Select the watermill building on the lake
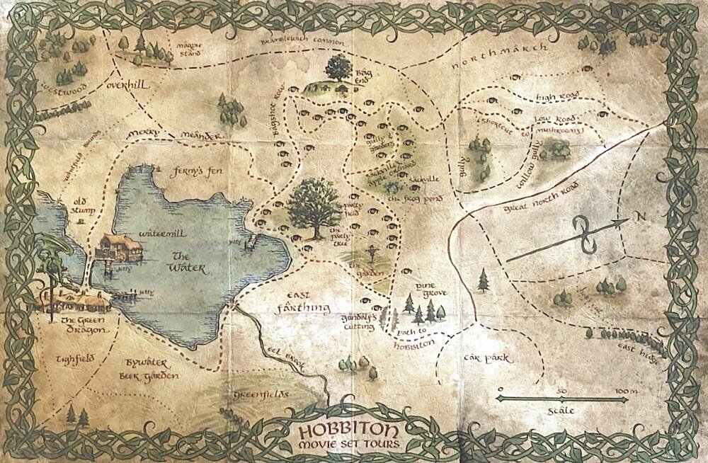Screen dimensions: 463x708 (115, 248)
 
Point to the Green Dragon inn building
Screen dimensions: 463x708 (74, 301)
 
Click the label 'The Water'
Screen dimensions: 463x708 (187, 263)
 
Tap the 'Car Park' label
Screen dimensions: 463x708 (488, 359)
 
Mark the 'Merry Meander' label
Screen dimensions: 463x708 (175, 135)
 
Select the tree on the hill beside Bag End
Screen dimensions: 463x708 (338, 69)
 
